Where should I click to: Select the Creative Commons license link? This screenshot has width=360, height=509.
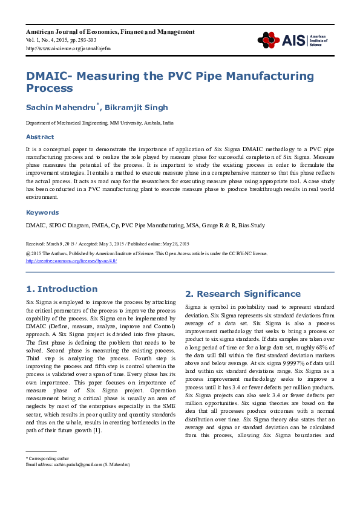tap(71, 261)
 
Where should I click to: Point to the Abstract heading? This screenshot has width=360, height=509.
tap(39, 137)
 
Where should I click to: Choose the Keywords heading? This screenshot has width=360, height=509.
tap(42, 213)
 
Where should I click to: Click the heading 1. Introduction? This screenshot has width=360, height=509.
tap(62, 289)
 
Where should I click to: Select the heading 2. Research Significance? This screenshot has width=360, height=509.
tap(242, 294)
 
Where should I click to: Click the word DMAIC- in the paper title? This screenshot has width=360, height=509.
tap(48, 76)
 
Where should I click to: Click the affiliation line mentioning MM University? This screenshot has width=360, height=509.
tap(99, 123)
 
